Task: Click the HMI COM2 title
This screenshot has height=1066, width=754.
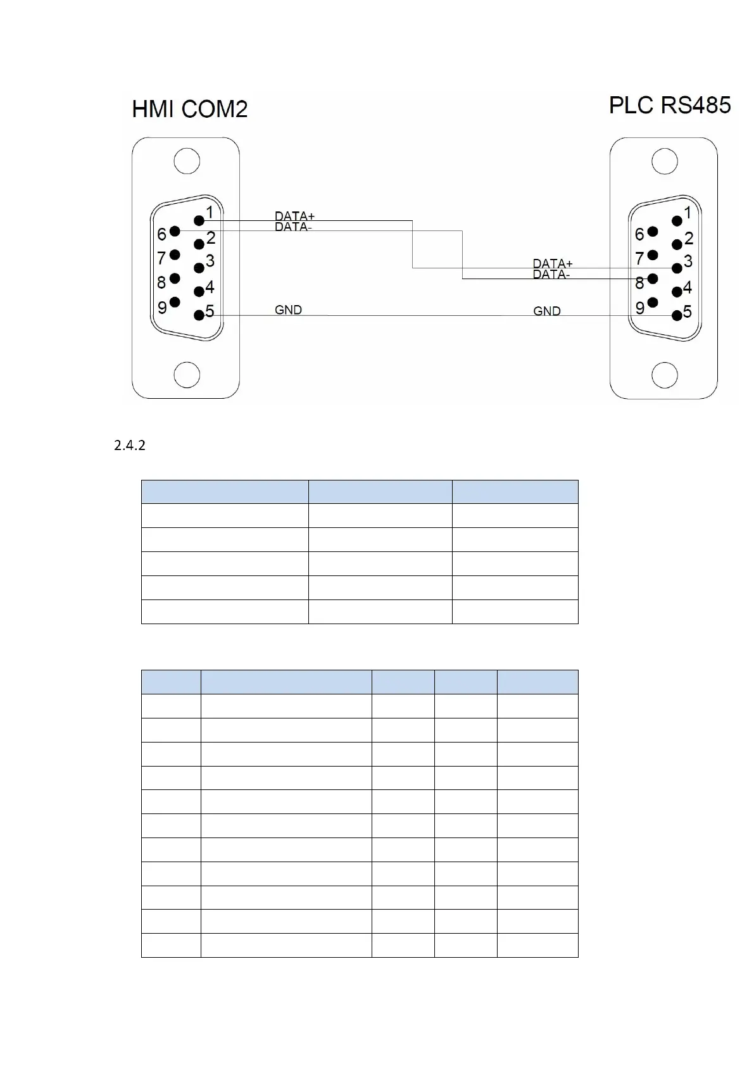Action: point(189,110)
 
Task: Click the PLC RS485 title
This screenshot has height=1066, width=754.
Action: point(669,105)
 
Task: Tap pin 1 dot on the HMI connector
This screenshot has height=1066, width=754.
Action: point(199,220)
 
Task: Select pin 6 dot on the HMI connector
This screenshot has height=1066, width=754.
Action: point(175,231)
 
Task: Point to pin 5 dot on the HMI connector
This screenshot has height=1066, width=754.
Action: point(199,315)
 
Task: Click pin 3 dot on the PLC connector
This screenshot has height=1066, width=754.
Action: point(677,268)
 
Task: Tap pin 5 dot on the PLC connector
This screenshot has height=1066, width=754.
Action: point(677,315)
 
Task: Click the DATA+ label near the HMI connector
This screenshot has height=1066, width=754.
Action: point(294,216)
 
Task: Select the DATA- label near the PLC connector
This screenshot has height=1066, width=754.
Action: point(551,275)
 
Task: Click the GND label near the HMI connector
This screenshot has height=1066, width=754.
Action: point(288,310)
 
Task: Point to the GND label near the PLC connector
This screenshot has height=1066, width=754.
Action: point(546,311)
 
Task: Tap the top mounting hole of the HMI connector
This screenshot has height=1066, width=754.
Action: point(187,161)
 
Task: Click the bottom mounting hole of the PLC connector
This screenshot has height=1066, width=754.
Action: point(665,374)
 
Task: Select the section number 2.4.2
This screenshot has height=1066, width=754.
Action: point(130,446)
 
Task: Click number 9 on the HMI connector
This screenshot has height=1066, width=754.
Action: point(162,308)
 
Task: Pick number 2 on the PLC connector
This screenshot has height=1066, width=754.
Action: point(689,239)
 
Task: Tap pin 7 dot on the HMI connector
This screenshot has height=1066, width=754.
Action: point(175,254)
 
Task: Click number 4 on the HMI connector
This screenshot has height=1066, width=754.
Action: point(210,287)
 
